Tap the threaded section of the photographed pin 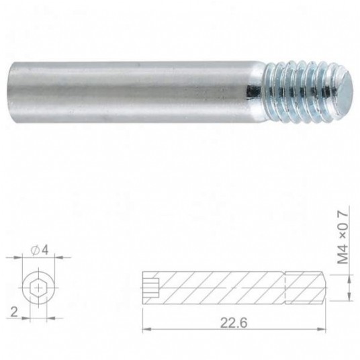tap(308, 92)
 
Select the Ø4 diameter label tap(40, 250)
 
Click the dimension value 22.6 tap(234, 322)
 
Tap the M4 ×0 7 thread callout tap(343, 237)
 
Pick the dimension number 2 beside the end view tap(14, 312)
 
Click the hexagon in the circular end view tap(38, 287)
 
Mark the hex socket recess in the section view tap(150, 288)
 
